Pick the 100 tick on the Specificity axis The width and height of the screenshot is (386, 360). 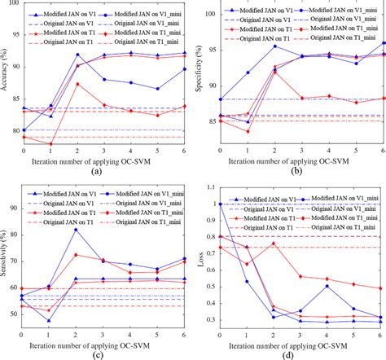point(209,13)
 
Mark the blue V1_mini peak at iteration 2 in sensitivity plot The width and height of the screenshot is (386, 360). point(77,207)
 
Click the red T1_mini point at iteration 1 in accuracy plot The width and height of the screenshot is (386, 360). point(50,144)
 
